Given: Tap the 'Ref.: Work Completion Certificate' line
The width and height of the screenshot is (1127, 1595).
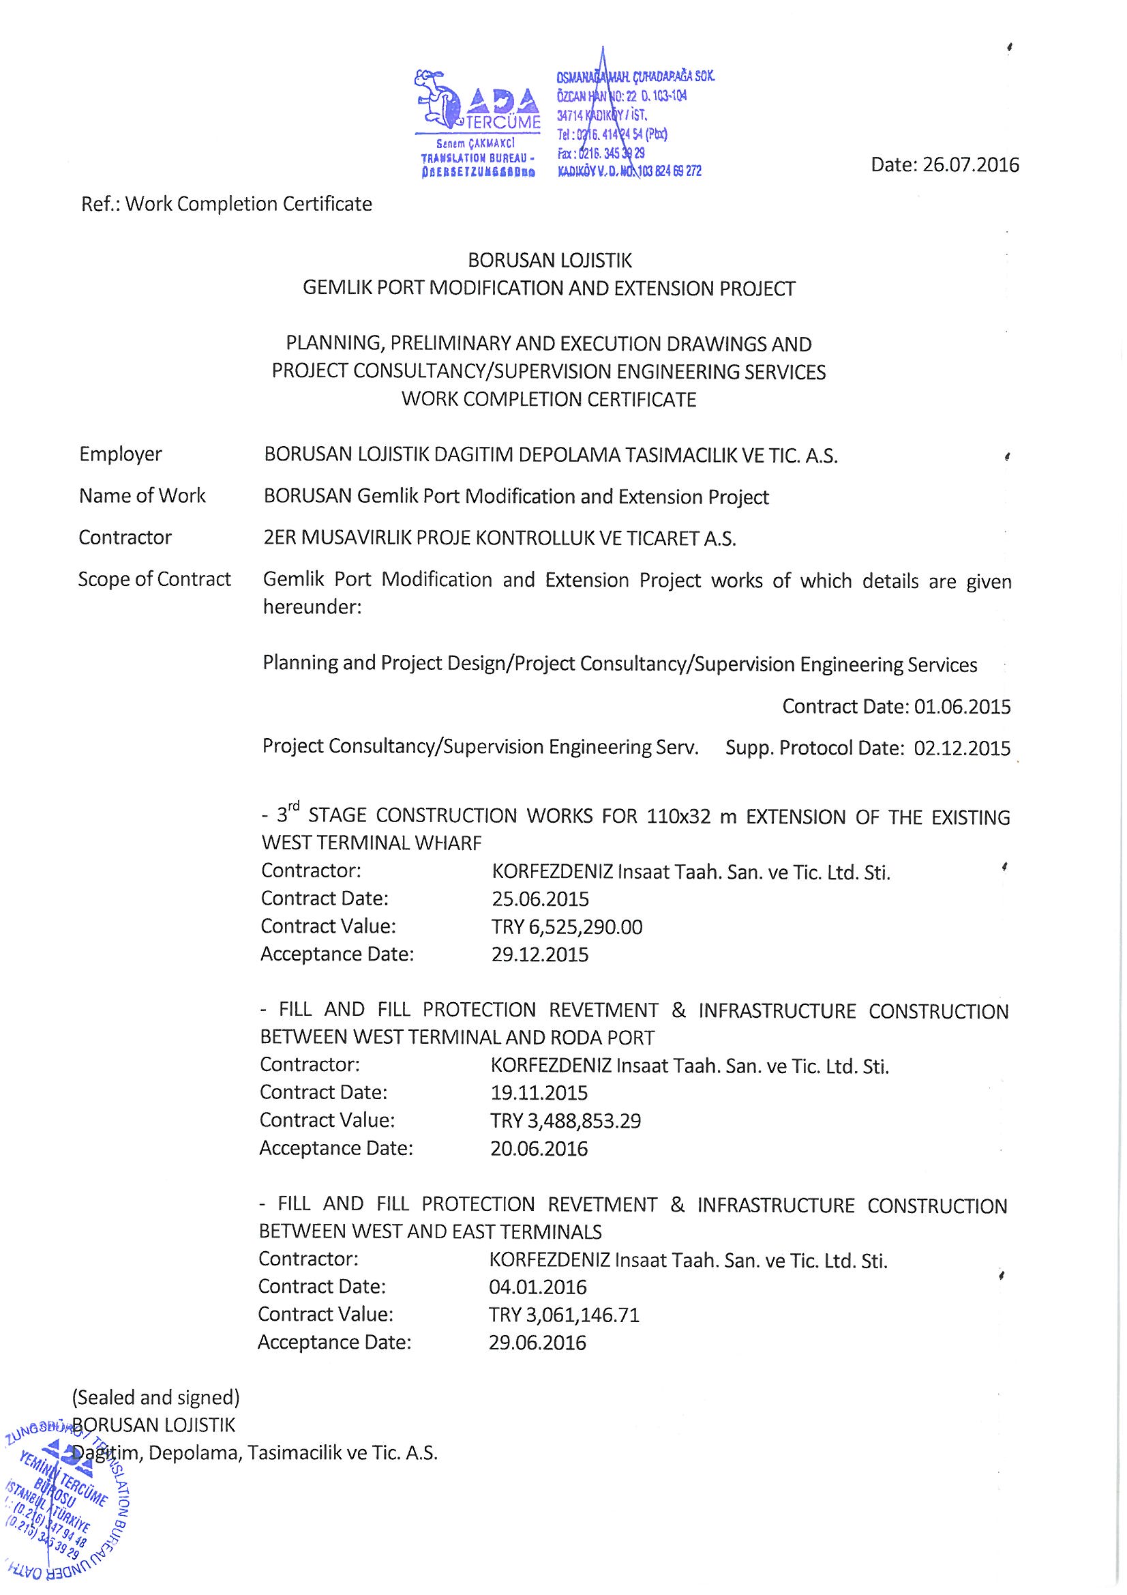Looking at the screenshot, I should (226, 204).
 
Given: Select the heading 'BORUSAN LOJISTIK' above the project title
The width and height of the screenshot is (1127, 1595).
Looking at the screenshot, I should (550, 261).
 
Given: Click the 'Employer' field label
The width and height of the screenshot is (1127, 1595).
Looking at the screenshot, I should (120, 454).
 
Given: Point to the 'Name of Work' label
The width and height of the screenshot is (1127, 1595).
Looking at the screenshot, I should (142, 496).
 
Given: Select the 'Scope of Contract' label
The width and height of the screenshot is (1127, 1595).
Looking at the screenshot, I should (154, 579).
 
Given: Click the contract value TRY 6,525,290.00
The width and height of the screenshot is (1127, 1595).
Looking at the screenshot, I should (567, 927).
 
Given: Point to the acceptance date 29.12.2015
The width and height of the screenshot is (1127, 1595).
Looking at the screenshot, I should (539, 955).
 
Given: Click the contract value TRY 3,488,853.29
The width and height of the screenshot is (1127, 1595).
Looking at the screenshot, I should (565, 1122).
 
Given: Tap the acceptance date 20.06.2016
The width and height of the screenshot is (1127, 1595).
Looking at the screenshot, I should (539, 1149).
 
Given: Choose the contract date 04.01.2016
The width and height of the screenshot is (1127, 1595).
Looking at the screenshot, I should (537, 1287).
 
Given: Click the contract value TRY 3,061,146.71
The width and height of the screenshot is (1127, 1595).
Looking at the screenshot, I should (564, 1315).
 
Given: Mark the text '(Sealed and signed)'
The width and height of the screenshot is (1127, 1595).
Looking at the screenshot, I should (155, 1397).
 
